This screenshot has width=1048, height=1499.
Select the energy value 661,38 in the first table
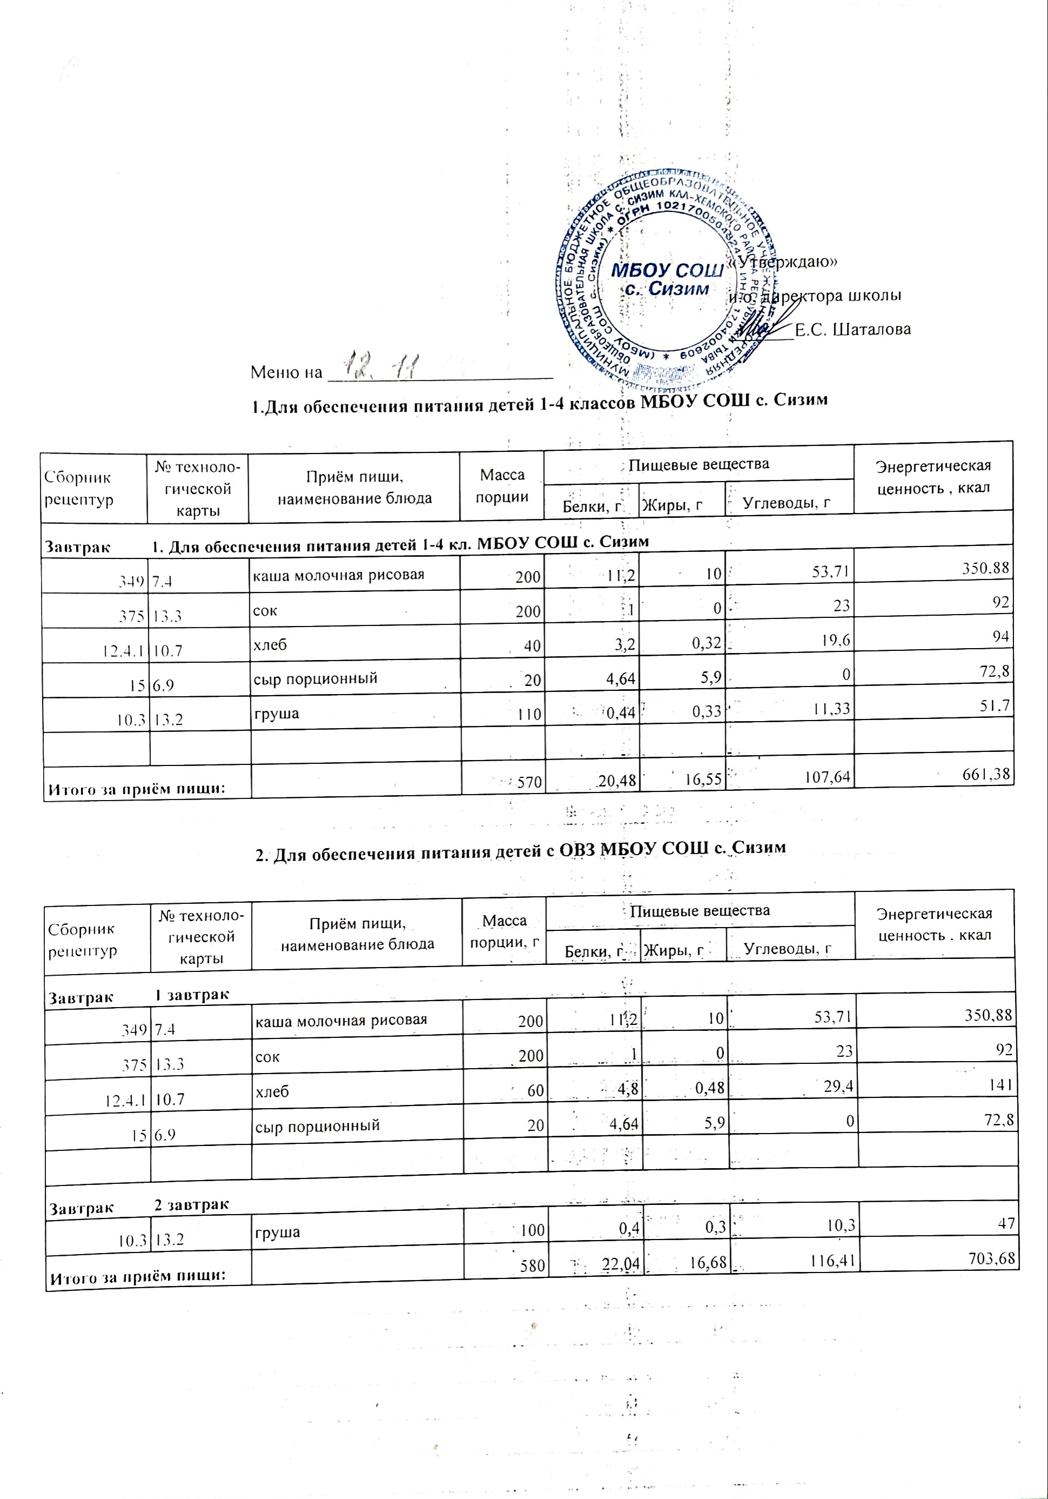[986, 774]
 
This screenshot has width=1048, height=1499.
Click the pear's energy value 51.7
[996, 704]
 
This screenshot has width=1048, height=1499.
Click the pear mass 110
[530, 714]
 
